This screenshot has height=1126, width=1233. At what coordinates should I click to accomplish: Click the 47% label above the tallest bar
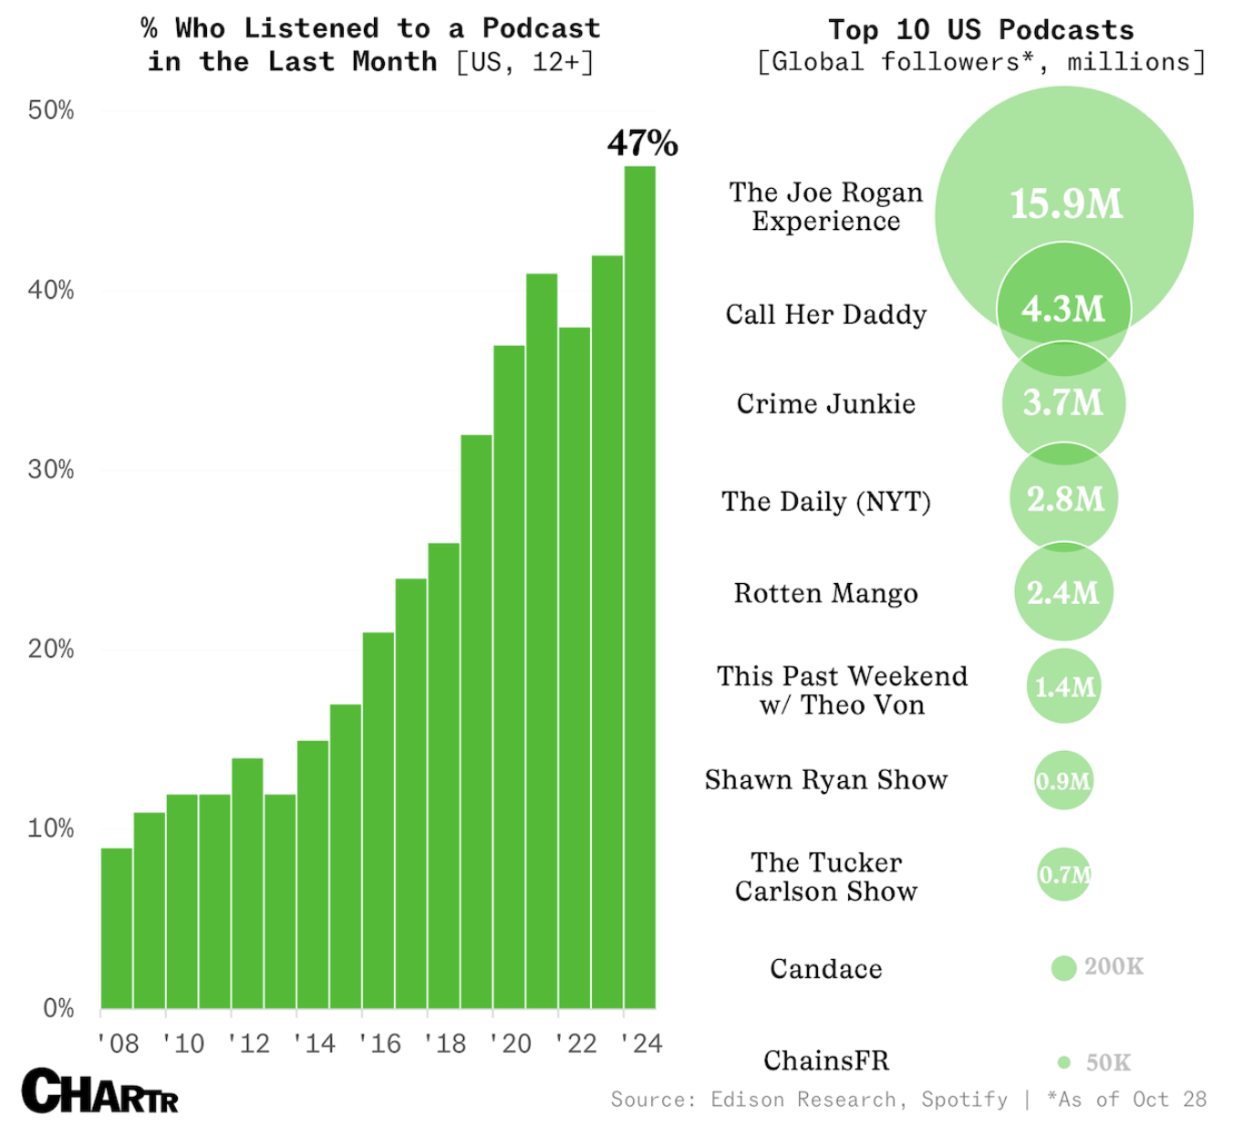pos(642,143)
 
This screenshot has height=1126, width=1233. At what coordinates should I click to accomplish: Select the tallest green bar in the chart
pos(639,584)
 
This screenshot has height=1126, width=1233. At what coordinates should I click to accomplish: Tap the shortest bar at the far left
pos(117,926)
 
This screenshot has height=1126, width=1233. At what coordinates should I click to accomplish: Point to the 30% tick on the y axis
pos(51,470)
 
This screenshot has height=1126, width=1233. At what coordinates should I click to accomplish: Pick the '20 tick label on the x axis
pos(509,1043)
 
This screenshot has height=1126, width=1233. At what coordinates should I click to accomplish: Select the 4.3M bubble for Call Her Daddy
pos(1063,310)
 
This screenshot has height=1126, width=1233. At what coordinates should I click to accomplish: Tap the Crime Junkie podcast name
pos(825,404)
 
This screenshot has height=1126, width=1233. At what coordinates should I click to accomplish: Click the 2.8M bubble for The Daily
pos(1064,499)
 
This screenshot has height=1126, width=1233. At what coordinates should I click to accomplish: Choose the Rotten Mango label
pos(825,594)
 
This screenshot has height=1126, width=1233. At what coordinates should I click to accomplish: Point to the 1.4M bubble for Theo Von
pos(1063,687)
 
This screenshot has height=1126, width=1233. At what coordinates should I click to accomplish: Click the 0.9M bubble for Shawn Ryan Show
pos(1063,781)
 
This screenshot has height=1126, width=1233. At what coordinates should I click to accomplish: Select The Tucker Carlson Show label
pos(825,877)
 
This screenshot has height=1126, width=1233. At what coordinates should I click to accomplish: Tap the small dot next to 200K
pos(1063,968)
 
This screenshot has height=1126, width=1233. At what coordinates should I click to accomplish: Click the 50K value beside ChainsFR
pos(1108,1063)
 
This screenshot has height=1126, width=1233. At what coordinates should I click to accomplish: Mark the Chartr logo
pos(100,1091)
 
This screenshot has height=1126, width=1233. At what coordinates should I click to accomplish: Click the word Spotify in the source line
pos(964,1100)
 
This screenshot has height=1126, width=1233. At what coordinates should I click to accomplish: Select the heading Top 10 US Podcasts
pos(980,30)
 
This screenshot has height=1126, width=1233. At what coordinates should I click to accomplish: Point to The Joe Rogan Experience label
pos(825,207)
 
